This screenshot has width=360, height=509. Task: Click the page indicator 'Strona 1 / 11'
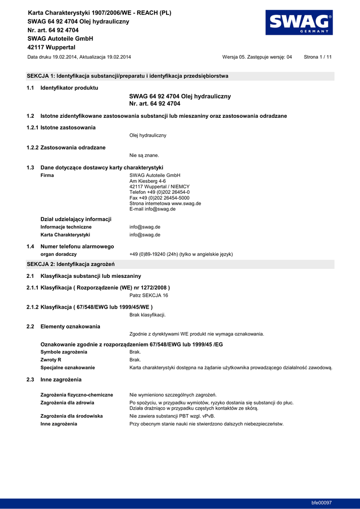coord(317,57)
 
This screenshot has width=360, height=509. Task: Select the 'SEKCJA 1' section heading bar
coord(180,77)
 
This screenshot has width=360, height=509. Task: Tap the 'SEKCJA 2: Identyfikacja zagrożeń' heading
coord(71,264)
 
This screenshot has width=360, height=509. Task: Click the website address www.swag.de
coord(185,203)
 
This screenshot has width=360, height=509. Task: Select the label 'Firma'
coord(47,175)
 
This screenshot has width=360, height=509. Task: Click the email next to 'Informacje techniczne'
coord(145,227)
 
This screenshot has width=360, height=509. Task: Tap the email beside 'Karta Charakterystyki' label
coord(145,235)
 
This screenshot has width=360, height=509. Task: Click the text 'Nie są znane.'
coord(144,156)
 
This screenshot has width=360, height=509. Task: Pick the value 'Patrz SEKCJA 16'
coord(149,295)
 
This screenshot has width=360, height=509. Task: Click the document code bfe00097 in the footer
coord(321,503)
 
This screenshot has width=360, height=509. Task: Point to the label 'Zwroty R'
coord(51,360)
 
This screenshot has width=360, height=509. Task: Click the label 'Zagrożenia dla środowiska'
coord(72,416)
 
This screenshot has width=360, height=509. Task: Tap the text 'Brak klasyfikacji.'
coord(148,315)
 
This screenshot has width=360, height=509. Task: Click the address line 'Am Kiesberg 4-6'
coord(148,181)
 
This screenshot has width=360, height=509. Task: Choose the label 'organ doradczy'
coord(58,254)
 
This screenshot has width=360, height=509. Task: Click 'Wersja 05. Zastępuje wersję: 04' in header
coord(257,57)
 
